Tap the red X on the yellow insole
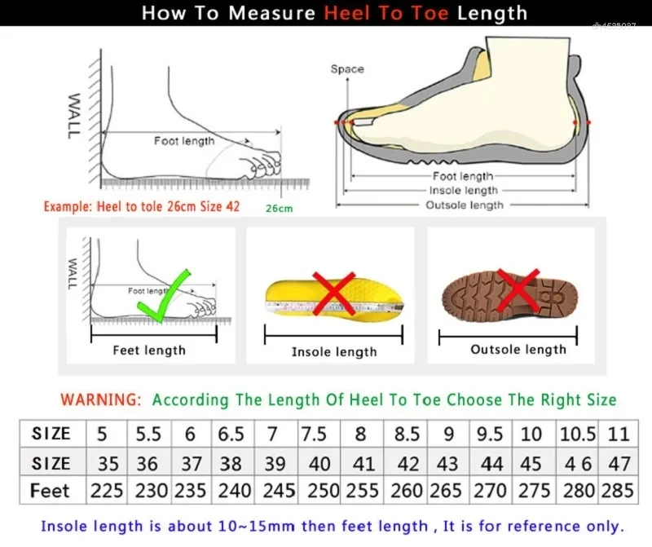[x=334, y=295]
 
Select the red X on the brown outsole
[x=517, y=290]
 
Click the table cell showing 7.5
[x=314, y=434]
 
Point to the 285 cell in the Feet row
[x=619, y=492]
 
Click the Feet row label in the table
[x=51, y=492]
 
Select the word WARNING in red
[x=101, y=400]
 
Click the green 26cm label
[x=279, y=209]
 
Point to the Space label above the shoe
[x=347, y=69]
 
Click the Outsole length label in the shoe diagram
[x=465, y=205]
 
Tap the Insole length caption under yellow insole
[x=334, y=352]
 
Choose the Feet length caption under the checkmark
[x=149, y=351]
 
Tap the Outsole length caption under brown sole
[x=518, y=350]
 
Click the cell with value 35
[x=108, y=463]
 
